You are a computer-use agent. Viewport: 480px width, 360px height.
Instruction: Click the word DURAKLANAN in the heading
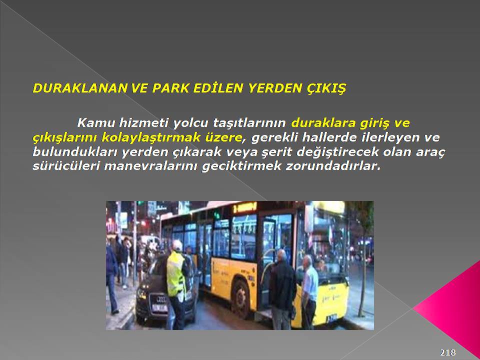tap(80, 88)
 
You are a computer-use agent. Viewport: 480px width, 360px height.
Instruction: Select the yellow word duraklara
tap(323, 123)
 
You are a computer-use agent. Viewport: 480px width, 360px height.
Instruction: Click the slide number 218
tap(448, 352)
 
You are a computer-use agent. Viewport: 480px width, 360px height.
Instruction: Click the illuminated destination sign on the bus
tap(244, 208)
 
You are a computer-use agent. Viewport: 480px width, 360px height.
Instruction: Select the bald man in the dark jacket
tap(282, 289)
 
